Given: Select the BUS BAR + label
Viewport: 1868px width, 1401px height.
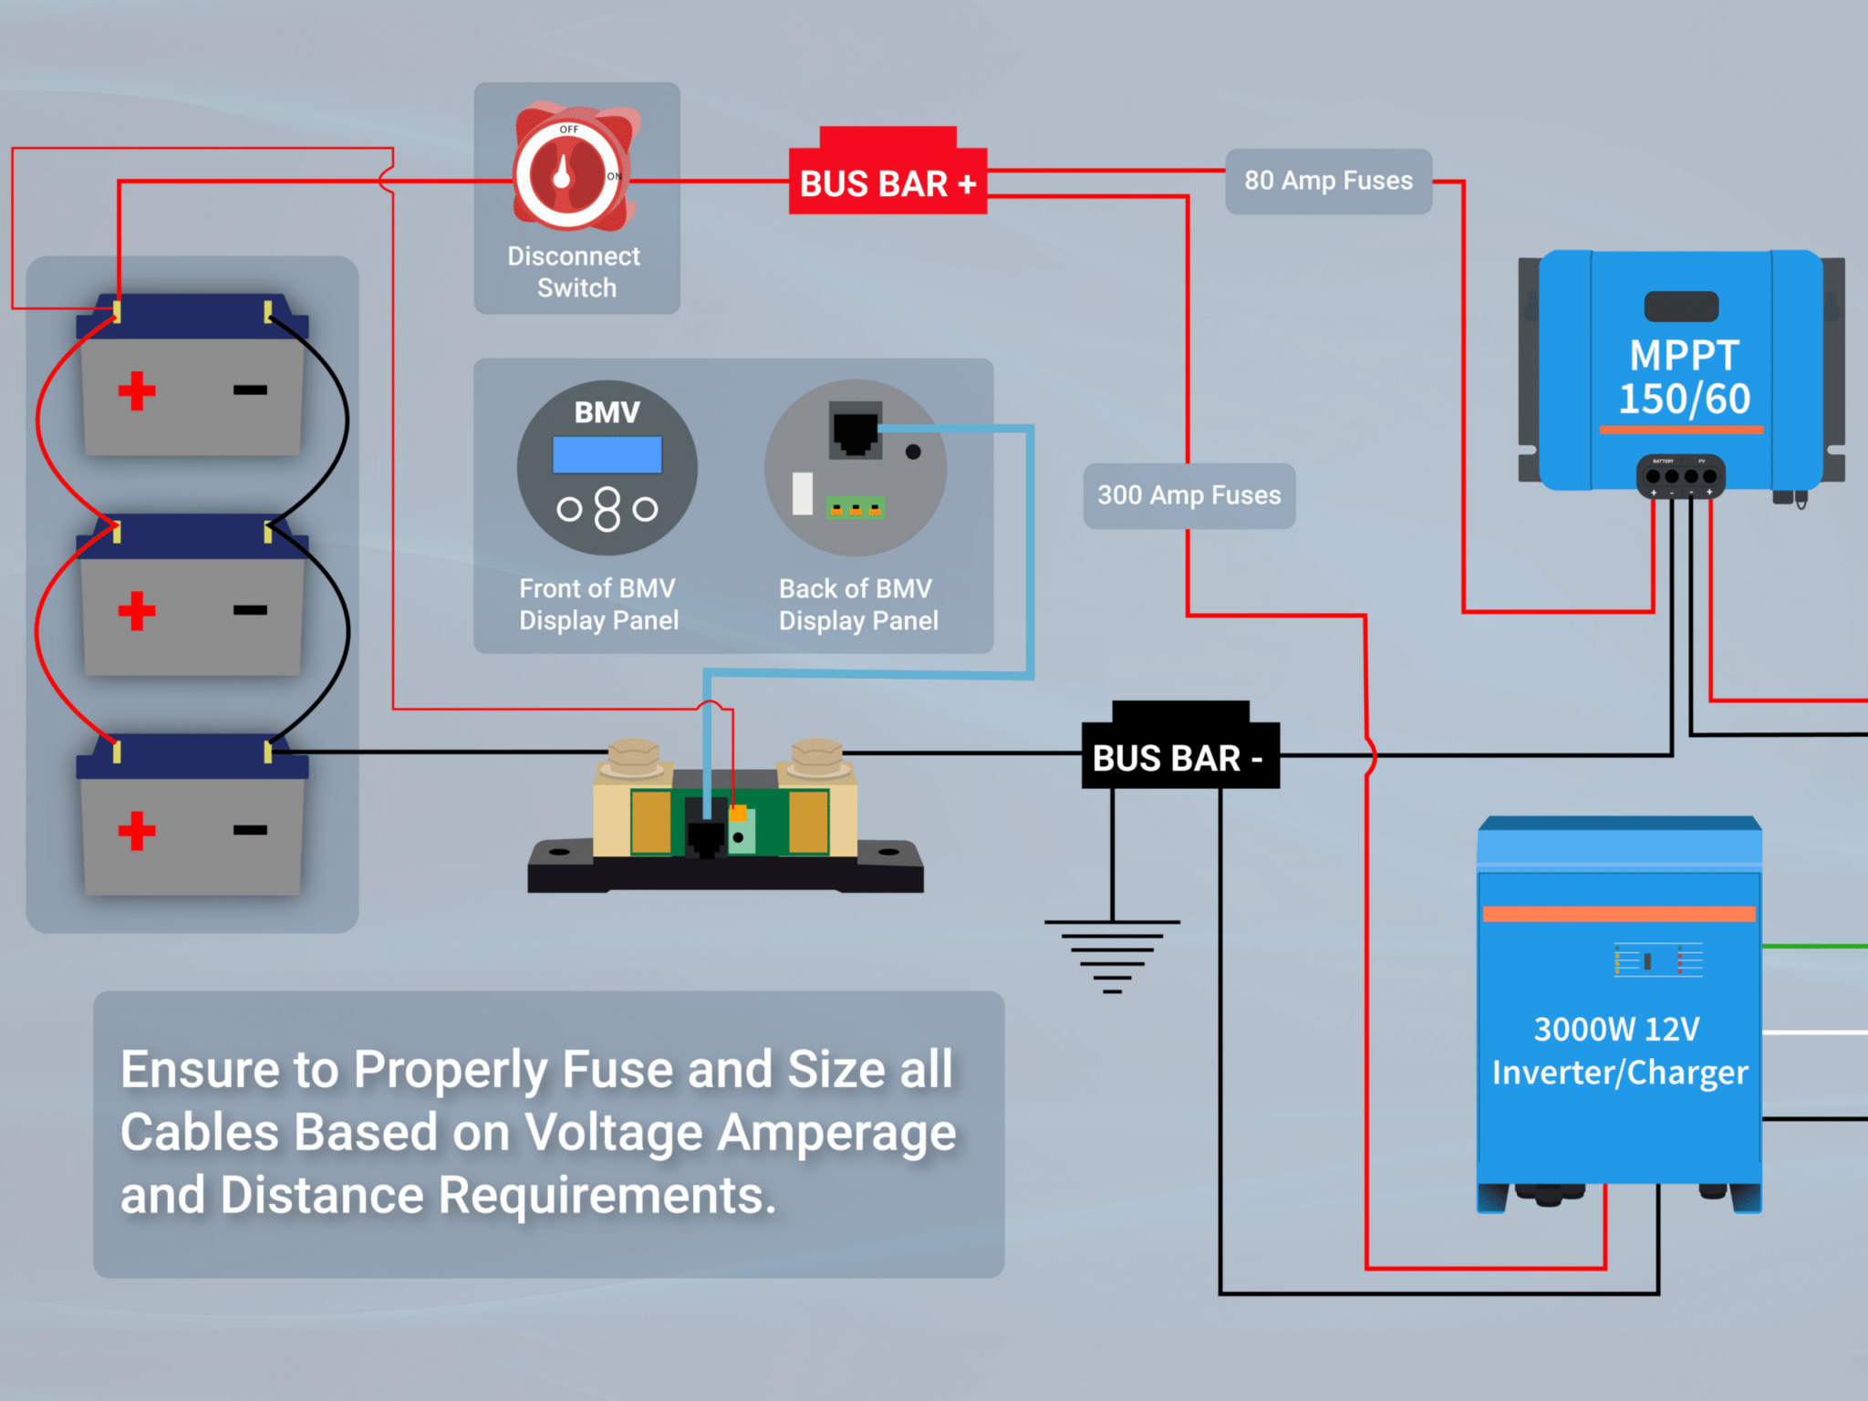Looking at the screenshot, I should (887, 183).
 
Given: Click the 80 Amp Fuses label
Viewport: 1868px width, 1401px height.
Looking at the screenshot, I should (1328, 181).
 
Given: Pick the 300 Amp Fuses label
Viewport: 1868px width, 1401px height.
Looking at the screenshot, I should (1188, 495).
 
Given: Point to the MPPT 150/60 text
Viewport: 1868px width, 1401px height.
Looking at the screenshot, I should (1684, 377).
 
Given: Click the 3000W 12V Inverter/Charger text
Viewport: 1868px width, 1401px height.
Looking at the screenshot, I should (1619, 1051).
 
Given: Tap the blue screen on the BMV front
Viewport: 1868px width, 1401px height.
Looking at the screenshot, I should (607, 454).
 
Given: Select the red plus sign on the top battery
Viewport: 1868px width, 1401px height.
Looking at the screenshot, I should (137, 390).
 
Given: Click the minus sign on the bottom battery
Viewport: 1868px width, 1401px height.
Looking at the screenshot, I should (250, 830).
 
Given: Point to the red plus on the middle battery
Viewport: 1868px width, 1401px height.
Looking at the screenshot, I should (137, 610).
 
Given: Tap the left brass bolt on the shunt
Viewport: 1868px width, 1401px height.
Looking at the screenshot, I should (633, 756).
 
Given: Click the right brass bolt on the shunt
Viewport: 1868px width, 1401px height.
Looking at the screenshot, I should (816, 756).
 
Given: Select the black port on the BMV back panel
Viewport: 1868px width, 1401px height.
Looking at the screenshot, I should (855, 429).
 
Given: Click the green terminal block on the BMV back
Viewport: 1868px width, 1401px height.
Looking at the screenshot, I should (855, 507).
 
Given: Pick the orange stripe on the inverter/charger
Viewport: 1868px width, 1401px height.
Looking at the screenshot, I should (1619, 914).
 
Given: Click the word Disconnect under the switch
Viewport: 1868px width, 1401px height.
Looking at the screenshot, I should (574, 256).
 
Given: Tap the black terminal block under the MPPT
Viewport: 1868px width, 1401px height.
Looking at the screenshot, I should (1680, 475).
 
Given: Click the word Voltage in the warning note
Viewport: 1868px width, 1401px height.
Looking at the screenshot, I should (613, 1133).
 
